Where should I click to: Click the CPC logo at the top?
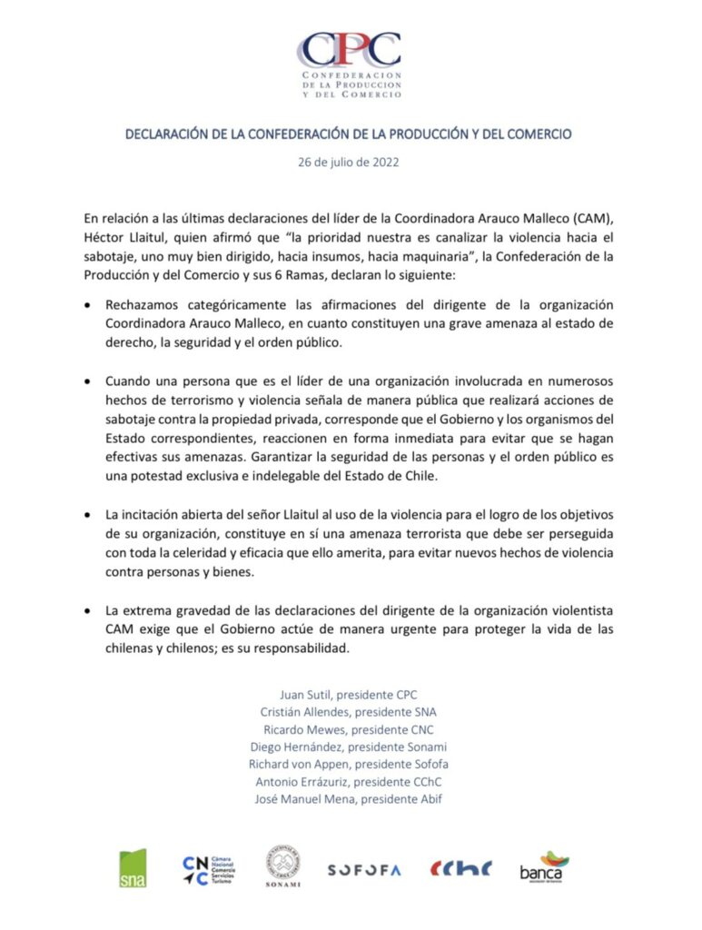pyautogui.click(x=351, y=64)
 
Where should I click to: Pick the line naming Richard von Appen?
pyautogui.click(x=350, y=764)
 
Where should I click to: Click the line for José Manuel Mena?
pyautogui.click(x=350, y=798)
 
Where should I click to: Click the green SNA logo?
pyautogui.click(x=133, y=867)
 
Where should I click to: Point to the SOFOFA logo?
pyautogui.click(x=364, y=869)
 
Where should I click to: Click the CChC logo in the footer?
pyautogui.click(x=461, y=868)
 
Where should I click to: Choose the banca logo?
pyautogui.click(x=544, y=867)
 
